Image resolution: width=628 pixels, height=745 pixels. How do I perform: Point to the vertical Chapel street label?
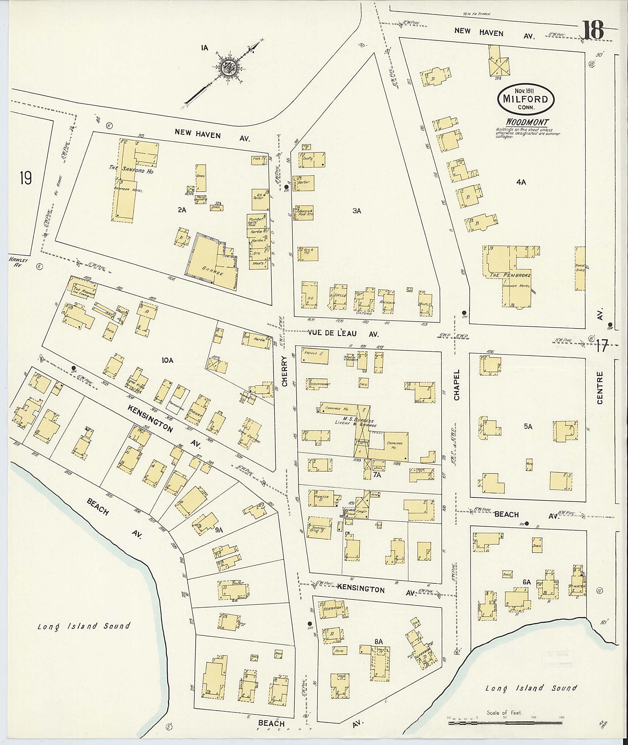pos(457,385)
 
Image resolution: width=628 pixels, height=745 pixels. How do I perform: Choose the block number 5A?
pos(528,427)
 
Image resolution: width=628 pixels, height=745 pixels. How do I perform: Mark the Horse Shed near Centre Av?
pos(580,268)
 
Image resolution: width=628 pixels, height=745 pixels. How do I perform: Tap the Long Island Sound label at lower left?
pos(84,626)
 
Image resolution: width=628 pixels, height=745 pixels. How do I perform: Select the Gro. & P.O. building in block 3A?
pos(308,254)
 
